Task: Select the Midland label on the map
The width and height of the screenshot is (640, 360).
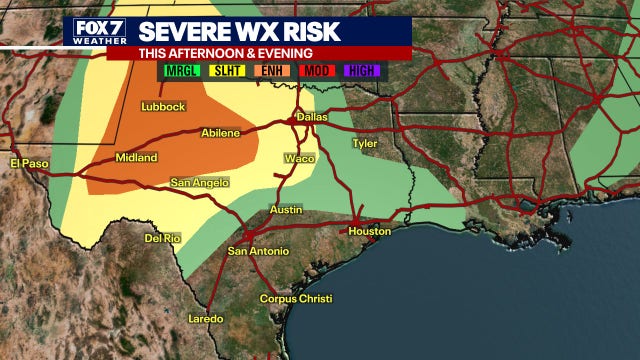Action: pyautogui.click(x=136, y=158)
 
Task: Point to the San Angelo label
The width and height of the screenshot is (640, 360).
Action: pyautogui.click(x=199, y=182)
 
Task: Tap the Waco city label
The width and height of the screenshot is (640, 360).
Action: pyautogui.click(x=299, y=158)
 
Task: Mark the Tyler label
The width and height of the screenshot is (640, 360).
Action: pyautogui.click(x=364, y=143)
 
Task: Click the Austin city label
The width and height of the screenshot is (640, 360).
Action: pyautogui.click(x=286, y=210)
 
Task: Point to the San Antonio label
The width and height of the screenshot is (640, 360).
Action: pyautogui.click(x=258, y=251)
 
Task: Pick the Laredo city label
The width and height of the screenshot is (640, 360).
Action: pyautogui.click(x=207, y=319)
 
